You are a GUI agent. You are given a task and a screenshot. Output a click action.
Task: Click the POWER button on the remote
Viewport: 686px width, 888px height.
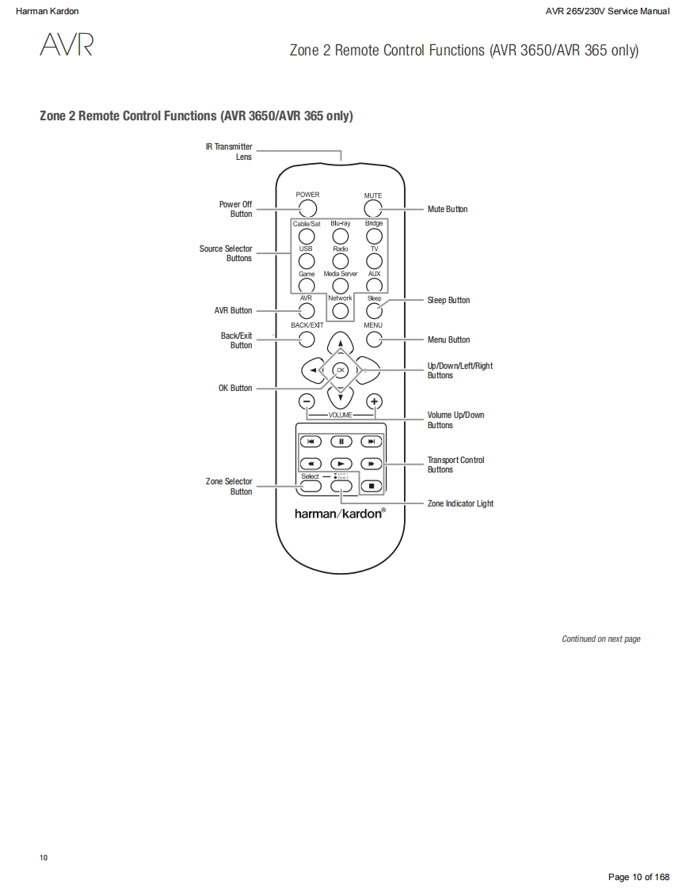(x=307, y=208)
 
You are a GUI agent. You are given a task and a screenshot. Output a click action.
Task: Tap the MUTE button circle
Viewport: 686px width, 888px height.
(x=373, y=209)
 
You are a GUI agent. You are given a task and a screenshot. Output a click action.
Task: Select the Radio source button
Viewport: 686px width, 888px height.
(x=340, y=261)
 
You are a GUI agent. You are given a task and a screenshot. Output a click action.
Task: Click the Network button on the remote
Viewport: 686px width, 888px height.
(x=340, y=310)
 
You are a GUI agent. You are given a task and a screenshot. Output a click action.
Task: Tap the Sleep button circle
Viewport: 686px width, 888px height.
(x=374, y=310)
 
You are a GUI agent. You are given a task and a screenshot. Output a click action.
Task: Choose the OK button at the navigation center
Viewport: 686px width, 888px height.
(x=340, y=370)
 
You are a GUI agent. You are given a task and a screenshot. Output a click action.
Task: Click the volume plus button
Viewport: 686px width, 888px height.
(x=374, y=401)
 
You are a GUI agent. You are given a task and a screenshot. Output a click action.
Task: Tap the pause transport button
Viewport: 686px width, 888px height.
(x=341, y=442)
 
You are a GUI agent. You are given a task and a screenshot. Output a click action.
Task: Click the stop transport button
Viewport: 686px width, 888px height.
(x=371, y=485)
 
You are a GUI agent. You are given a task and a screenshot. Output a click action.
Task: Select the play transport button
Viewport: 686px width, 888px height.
(x=341, y=464)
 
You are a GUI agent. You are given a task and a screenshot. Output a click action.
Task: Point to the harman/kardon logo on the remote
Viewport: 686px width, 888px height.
(x=340, y=513)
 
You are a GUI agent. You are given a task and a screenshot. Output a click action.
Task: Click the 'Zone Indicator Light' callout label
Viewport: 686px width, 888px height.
(x=460, y=503)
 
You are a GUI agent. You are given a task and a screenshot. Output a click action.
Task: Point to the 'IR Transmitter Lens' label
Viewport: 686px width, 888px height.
(x=229, y=151)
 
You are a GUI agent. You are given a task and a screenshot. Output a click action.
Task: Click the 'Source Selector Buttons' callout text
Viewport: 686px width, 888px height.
(x=226, y=253)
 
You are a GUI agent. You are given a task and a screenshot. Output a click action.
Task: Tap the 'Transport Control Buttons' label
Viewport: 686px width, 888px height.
(x=455, y=465)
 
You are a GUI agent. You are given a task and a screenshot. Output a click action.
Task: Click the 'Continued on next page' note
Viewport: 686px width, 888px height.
(x=600, y=639)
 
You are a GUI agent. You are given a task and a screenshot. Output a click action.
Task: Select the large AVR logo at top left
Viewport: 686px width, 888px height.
(x=67, y=45)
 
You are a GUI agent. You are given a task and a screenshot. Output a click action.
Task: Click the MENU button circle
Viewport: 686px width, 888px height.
(x=374, y=340)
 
